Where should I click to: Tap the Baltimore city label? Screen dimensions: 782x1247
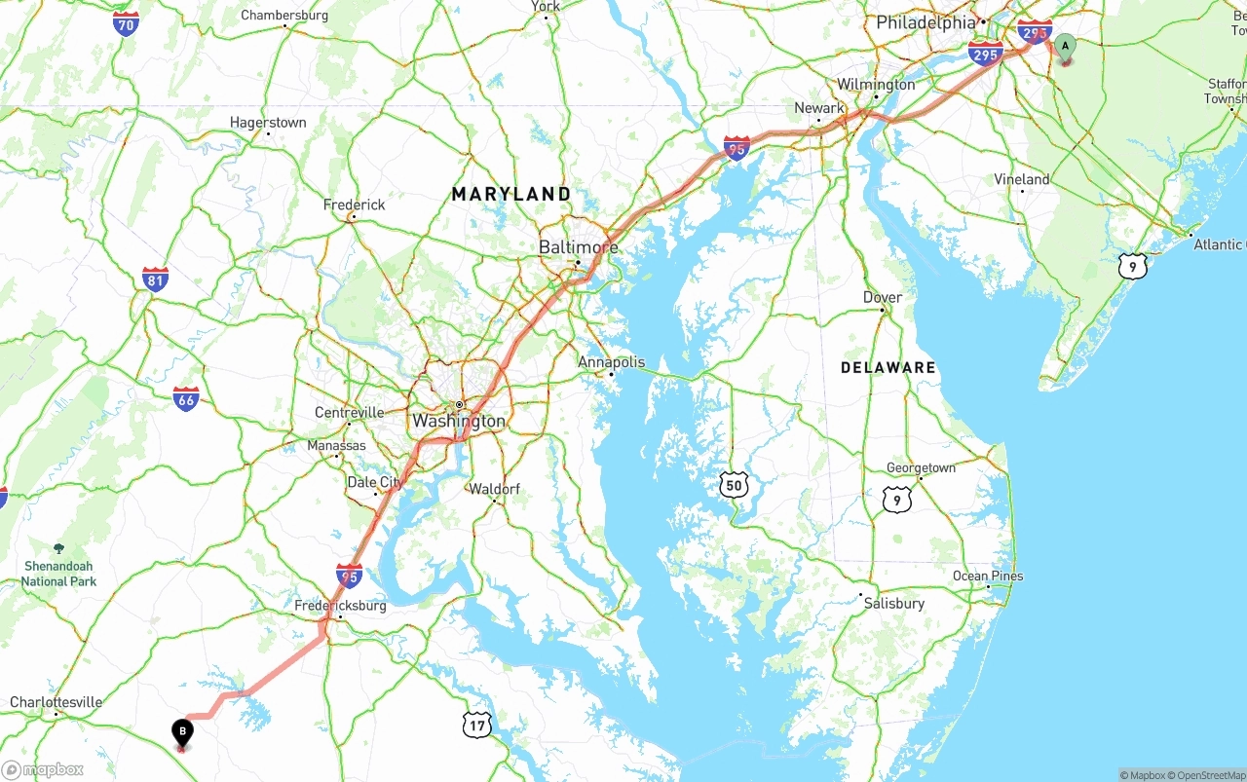pyautogui.click(x=578, y=247)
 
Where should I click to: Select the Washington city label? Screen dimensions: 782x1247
pyautogui.click(x=459, y=422)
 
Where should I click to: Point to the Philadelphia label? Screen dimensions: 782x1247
pyautogui.click(x=926, y=22)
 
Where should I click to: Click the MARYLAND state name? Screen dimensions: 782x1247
pyautogui.click(x=511, y=195)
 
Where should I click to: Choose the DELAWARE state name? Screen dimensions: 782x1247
pyautogui.click(x=888, y=367)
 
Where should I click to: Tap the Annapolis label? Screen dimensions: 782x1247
pyautogui.click(x=611, y=362)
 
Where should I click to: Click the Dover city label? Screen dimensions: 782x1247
pyautogui.click(x=883, y=297)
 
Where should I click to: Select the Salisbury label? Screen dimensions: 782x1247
pyautogui.click(x=893, y=604)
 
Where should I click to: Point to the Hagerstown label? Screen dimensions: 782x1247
pyautogui.click(x=268, y=123)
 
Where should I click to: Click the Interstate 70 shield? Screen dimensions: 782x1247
pyautogui.click(x=126, y=24)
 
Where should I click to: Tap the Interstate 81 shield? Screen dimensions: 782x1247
pyautogui.click(x=155, y=279)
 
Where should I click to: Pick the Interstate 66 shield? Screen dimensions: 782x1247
pyautogui.click(x=186, y=398)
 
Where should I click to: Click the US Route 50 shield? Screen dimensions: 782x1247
pyautogui.click(x=735, y=485)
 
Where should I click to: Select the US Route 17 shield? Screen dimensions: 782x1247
pyautogui.click(x=476, y=724)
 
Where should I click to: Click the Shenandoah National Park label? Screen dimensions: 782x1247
pyautogui.click(x=58, y=574)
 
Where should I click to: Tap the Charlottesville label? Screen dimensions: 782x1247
pyautogui.click(x=56, y=702)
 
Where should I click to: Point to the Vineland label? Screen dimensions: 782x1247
pyautogui.click(x=1021, y=179)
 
